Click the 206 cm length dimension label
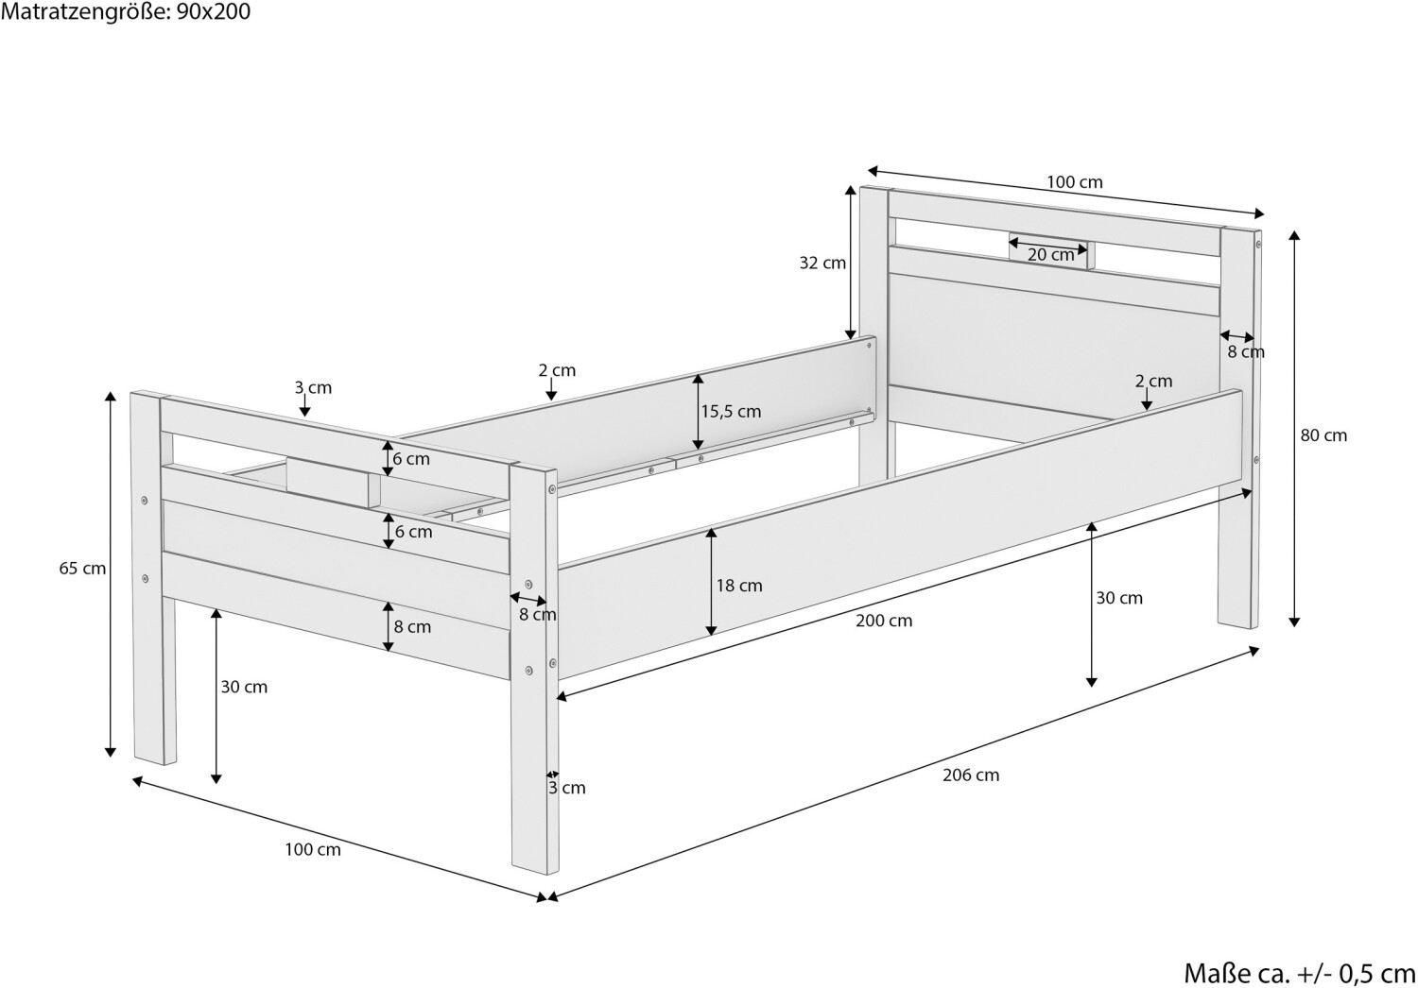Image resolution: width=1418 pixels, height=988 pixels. pyautogui.click(x=970, y=775)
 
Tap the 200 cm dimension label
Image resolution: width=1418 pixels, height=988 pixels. pyautogui.click(x=884, y=621)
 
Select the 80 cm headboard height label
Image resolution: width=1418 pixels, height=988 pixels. pyautogui.click(x=1323, y=435)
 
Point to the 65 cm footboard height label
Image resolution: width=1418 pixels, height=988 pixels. pyautogui.click(x=82, y=569)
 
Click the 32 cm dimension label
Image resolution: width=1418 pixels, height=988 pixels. pyautogui.click(x=822, y=264)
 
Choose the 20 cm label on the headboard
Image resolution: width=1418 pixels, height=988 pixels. pyautogui.click(x=1050, y=254)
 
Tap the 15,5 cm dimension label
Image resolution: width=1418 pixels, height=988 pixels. pyautogui.click(x=731, y=411)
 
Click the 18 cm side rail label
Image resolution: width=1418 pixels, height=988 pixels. pyautogui.click(x=738, y=586)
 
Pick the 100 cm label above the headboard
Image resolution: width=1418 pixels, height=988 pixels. pyautogui.click(x=1075, y=182)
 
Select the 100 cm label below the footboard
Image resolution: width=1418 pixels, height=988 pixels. pyautogui.click(x=313, y=849)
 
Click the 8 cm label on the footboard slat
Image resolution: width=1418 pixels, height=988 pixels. pyautogui.click(x=412, y=626)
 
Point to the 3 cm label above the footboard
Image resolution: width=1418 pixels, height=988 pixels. pyautogui.click(x=313, y=387)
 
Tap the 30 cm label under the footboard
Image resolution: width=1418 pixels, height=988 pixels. pyautogui.click(x=244, y=687)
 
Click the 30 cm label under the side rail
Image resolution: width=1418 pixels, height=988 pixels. pyautogui.click(x=1119, y=598)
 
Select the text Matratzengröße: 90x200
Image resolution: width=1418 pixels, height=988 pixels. pyautogui.click(x=126, y=12)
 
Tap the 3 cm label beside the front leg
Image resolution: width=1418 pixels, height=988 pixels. pyautogui.click(x=567, y=788)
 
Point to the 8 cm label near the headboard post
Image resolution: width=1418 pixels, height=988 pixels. pyautogui.click(x=1246, y=352)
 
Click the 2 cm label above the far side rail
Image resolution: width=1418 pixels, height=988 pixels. pyautogui.click(x=557, y=370)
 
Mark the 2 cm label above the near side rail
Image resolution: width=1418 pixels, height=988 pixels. pyautogui.click(x=1153, y=381)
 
